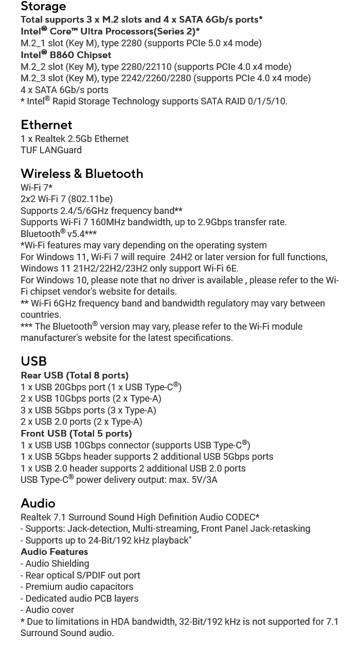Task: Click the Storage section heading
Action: point(43,7)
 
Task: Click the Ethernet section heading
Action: point(46,125)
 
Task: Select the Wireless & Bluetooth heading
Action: point(82,174)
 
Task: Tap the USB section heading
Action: point(33,362)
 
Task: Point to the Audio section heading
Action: point(38,503)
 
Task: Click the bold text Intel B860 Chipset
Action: point(66,55)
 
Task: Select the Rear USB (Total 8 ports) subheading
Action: point(75,375)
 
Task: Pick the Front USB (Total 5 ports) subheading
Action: point(76,434)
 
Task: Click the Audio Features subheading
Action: point(54,552)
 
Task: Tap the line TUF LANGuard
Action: point(51,150)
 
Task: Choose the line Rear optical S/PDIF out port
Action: point(80,575)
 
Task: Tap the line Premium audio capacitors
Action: point(77,587)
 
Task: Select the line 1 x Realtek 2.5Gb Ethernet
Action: point(75,139)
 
